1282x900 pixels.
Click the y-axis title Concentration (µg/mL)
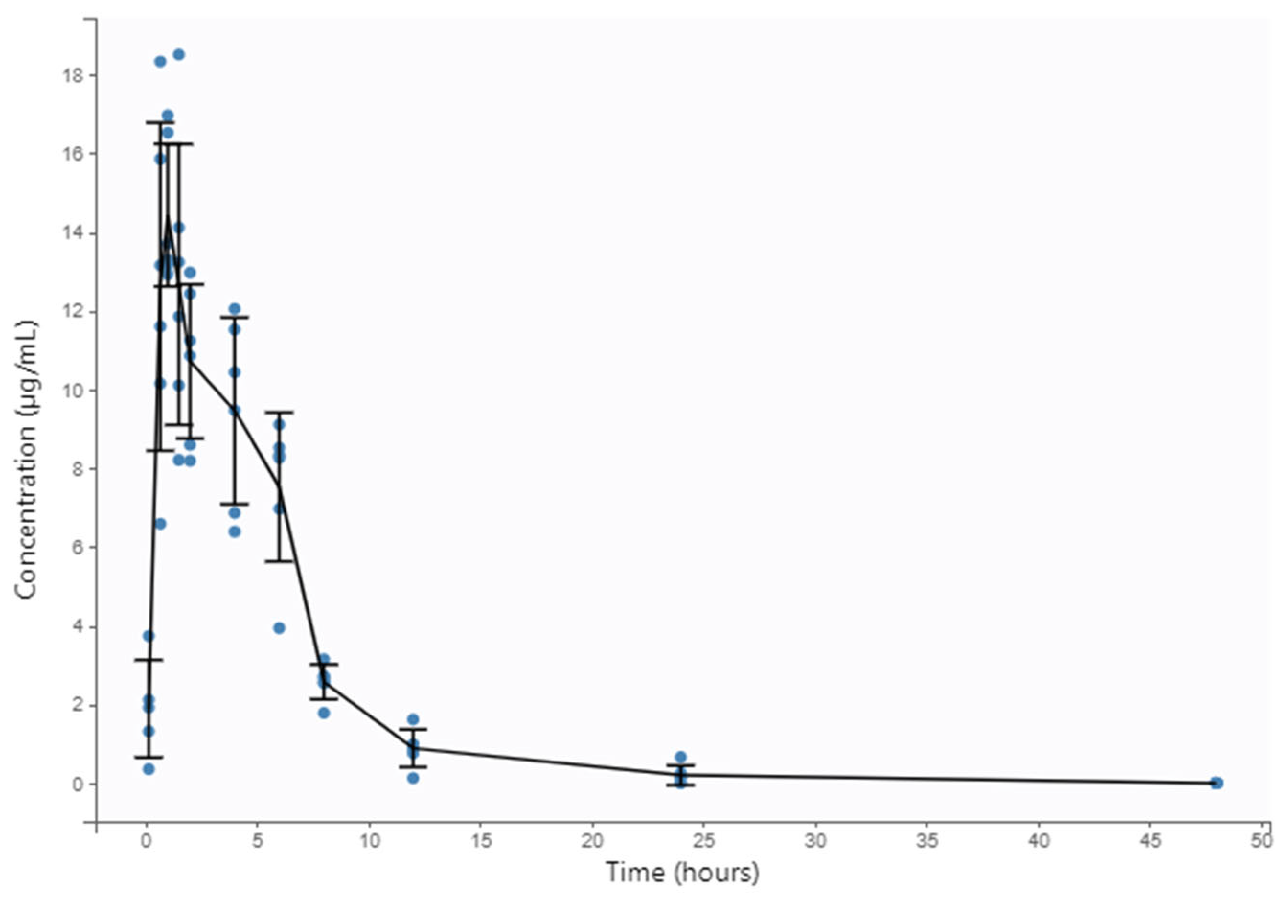coord(26,460)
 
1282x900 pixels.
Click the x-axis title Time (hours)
coord(683,873)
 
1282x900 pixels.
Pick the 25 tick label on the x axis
coord(704,841)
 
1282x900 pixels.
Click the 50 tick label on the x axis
coord(1262,841)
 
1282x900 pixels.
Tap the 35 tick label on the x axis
coord(927,841)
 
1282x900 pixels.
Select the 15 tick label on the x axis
coord(481,841)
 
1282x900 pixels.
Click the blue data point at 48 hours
coord(1217,783)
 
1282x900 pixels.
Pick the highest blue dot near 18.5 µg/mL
coord(179,55)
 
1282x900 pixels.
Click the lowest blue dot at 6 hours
coord(280,628)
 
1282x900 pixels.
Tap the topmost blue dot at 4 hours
coord(235,309)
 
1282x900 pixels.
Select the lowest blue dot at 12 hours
coord(413,778)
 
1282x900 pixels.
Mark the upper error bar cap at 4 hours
coord(235,317)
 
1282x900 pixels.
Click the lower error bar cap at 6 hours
coord(279,561)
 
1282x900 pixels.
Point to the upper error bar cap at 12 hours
coord(413,729)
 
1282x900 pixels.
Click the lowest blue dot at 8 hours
coord(324,713)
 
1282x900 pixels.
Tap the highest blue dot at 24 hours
coord(681,757)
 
